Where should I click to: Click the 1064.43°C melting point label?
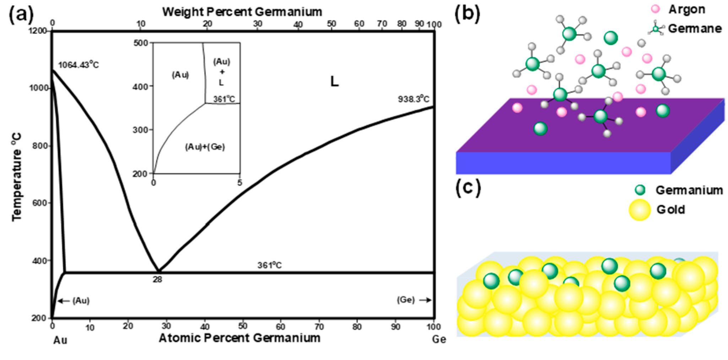[x=78, y=65]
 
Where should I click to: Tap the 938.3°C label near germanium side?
[x=413, y=99]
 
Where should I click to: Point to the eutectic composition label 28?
[x=157, y=280]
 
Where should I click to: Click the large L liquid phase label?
[x=334, y=82]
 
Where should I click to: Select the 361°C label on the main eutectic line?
[x=270, y=265]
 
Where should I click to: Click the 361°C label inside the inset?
[x=224, y=99]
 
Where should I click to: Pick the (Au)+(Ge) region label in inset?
[x=205, y=147]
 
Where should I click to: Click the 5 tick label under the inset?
[x=240, y=182]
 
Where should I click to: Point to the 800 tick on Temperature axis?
[x=40, y=146]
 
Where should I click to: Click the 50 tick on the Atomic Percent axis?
[x=243, y=326]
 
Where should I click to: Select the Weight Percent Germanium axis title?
[x=242, y=12]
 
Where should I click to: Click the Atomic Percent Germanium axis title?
[x=239, y=338]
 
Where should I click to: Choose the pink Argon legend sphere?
[x=656, y=9]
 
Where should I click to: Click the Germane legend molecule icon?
[x=656, y=28]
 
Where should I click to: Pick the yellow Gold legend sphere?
[x=640, y=210]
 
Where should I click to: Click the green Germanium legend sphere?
[x=640, y=190]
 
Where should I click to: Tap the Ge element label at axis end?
[x=439, y=339]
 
